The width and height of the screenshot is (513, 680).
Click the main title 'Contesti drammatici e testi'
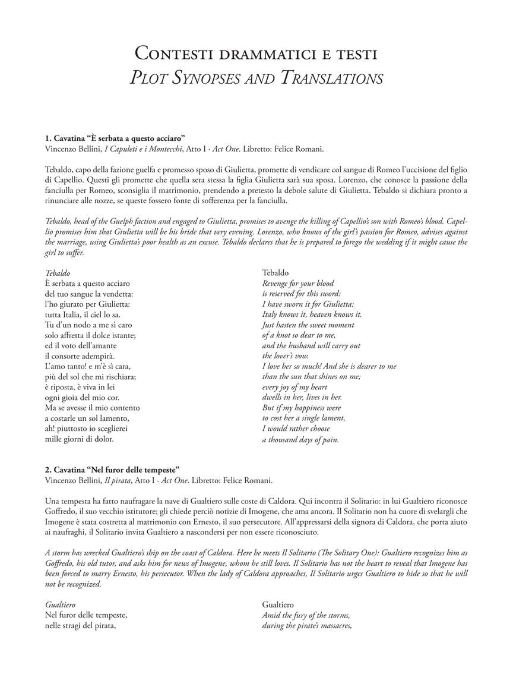point(256,53)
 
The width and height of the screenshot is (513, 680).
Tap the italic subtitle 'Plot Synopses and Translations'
point(256,78)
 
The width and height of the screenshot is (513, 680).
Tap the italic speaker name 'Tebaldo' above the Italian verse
point(58,273)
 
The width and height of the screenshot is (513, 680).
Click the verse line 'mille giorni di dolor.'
point(79,439)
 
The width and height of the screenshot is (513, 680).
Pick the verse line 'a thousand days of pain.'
point(300,440)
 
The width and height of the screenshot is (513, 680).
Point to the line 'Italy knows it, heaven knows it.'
point(312,314)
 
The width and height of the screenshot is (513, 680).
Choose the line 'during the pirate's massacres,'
point(307,626)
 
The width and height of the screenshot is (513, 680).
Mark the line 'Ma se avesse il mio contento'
point(92,408)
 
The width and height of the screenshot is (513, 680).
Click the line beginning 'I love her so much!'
point(329,366)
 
